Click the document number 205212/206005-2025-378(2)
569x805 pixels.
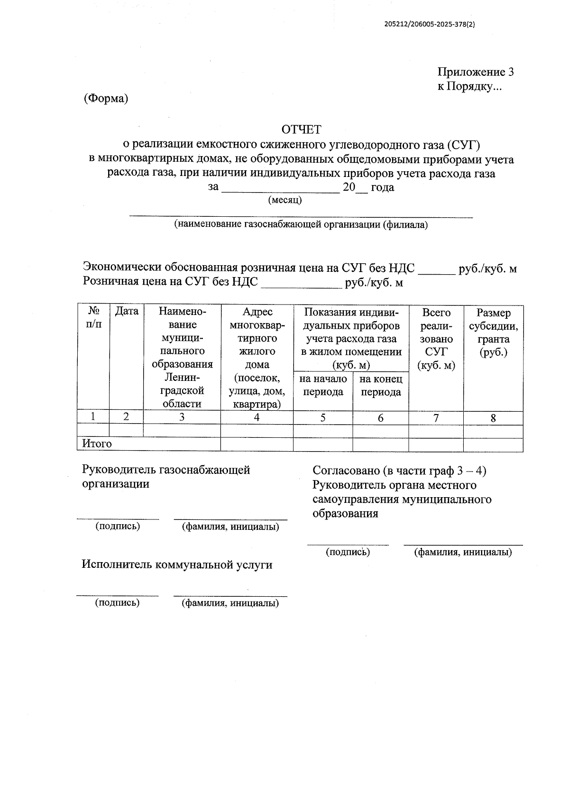(430, 26)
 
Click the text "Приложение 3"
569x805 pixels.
(475, 72)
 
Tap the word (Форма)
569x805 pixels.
(106, 99)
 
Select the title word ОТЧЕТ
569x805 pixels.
(301, 129)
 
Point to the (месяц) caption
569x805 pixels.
(285, 200)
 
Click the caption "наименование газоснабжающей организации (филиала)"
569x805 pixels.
(301, 224)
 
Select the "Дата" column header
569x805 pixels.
(127, 311)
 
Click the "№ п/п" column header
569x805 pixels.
(93, 317)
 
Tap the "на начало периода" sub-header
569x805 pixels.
(323, 385)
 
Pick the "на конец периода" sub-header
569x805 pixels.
(381, 385)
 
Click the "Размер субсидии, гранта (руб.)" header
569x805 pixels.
(493, 333)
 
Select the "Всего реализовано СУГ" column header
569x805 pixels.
(436, 339)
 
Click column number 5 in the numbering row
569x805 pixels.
(323, 418)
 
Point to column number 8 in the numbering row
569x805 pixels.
(493, 418)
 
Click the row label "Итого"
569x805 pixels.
(97, 444)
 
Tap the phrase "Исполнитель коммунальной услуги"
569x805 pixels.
(177, 564)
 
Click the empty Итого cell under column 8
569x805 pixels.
(493, 445)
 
